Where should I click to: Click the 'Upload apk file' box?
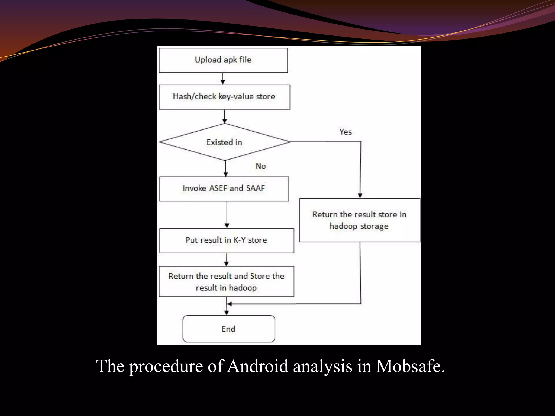(x=223, y=60)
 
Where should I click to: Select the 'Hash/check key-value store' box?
(x=224, y=97)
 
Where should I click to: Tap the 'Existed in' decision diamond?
(x=224, y=142)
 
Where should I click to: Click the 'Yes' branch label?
(x=346, y=132)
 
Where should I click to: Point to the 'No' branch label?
(x=261, y=166)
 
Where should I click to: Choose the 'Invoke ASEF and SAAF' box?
(x=224, y=189)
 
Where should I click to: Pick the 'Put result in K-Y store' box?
(x=227, y=240)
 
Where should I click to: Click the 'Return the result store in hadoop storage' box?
(x=360, y=220)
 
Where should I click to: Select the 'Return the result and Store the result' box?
(x=226, y=281)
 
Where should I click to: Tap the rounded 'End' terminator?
(x=229, y=329)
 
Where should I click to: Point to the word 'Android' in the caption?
(x=257, y=366)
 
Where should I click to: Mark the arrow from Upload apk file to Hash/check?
(x=223, y=79)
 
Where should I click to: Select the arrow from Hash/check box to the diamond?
(x=224, y=116)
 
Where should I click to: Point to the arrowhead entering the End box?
(x=227, y=313)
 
